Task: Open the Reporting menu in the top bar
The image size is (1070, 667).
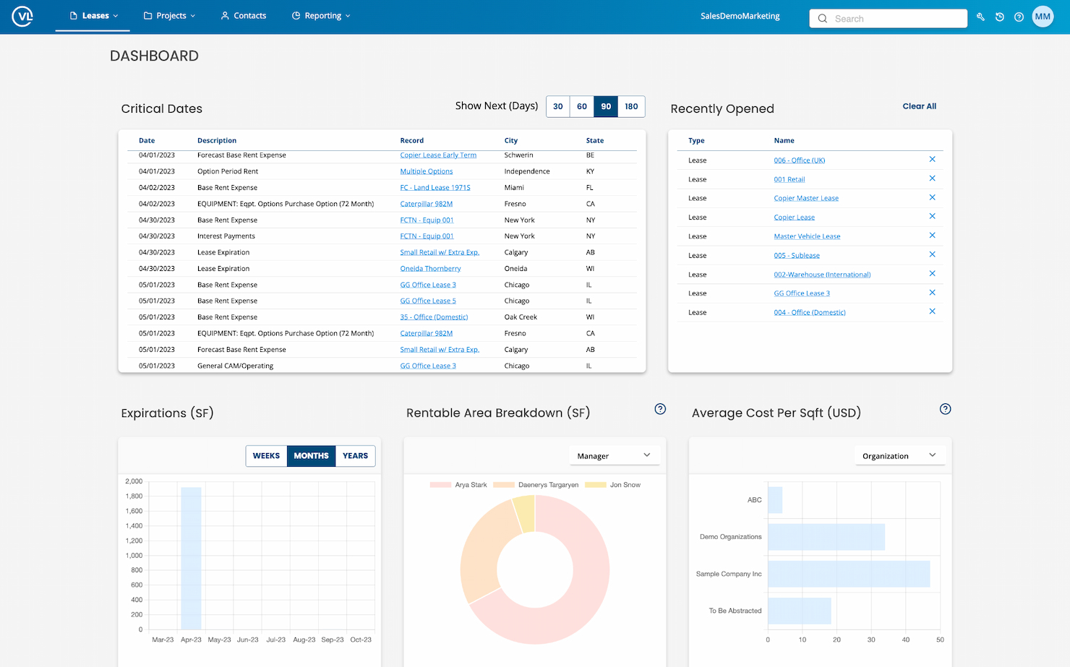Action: pyautogui.click(x=321, y=16)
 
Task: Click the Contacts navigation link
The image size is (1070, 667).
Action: pyautogui.click(x=244, y=16)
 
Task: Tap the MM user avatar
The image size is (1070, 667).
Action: pyautogui.click(x=1042, y=17)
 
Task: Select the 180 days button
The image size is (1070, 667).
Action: pyautogui.click(x=631, y=106)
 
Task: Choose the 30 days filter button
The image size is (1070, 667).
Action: pyautogui.click(x=558, y=106)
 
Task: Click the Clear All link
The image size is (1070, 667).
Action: pyautogui.click(x=919, y=106)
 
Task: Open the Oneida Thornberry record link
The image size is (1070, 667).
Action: pyautogui.click(x=430, y=269)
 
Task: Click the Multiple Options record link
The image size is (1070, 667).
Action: pyautogui.click(x=426, y=171)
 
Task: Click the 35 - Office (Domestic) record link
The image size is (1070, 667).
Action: pyautogui.click(x=434, y=317)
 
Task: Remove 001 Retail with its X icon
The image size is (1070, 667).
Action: pyautogui.click(x=932, y=178)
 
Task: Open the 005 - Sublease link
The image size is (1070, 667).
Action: pyautogui.click(x=796, y=256)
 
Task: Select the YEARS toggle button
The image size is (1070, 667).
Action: pyautogui.click(x=355, y=456)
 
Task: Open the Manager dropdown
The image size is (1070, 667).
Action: pyautogui.click(x=614, y=456)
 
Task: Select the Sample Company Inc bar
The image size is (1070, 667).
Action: pyautogui.click(x=848, y=574)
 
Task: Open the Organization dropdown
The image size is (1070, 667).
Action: pyautogui.click(x=899, y=456)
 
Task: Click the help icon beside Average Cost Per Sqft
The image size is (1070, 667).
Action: pyautogui.click(x=945, y=409)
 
